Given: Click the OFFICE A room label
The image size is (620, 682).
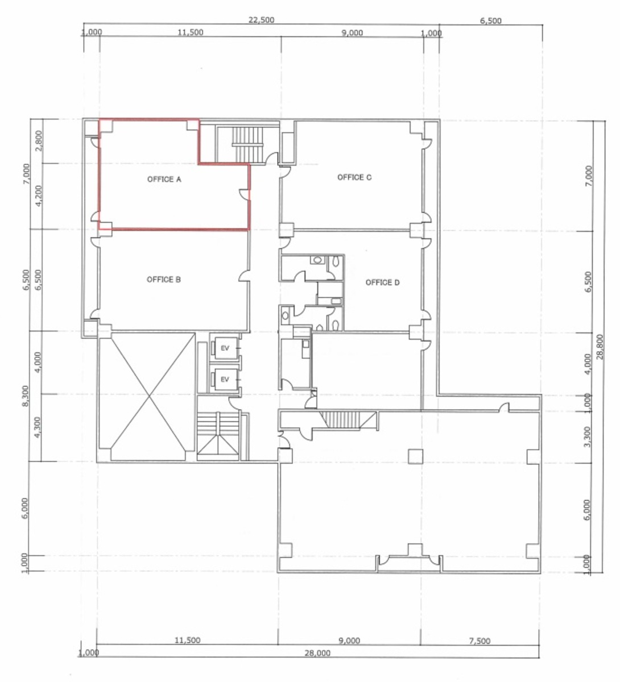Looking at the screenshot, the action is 164,179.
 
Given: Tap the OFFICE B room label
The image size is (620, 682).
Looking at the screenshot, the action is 164,280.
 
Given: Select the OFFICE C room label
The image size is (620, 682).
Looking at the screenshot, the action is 354,177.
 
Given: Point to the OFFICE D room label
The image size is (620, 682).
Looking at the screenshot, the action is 382,282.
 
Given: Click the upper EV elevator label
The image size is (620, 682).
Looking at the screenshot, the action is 225,348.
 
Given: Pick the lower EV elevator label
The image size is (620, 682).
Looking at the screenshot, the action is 225,379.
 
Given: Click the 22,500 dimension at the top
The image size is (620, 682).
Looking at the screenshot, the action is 261,20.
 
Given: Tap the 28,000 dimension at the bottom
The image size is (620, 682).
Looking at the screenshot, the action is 317,653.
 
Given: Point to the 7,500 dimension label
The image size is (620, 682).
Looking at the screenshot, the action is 480,641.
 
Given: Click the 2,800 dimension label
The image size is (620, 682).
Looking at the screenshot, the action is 40,141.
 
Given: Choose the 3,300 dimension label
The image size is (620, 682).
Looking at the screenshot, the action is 588,436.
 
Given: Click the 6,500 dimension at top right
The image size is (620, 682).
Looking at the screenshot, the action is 491,20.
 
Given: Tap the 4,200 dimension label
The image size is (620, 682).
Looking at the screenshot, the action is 40,196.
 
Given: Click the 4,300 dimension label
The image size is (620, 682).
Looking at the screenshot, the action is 39,427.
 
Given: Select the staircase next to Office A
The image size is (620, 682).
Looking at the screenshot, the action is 247,144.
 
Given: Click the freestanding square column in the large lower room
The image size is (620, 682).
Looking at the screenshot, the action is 415,456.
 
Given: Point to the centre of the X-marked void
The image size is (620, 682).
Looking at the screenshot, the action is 149,397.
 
